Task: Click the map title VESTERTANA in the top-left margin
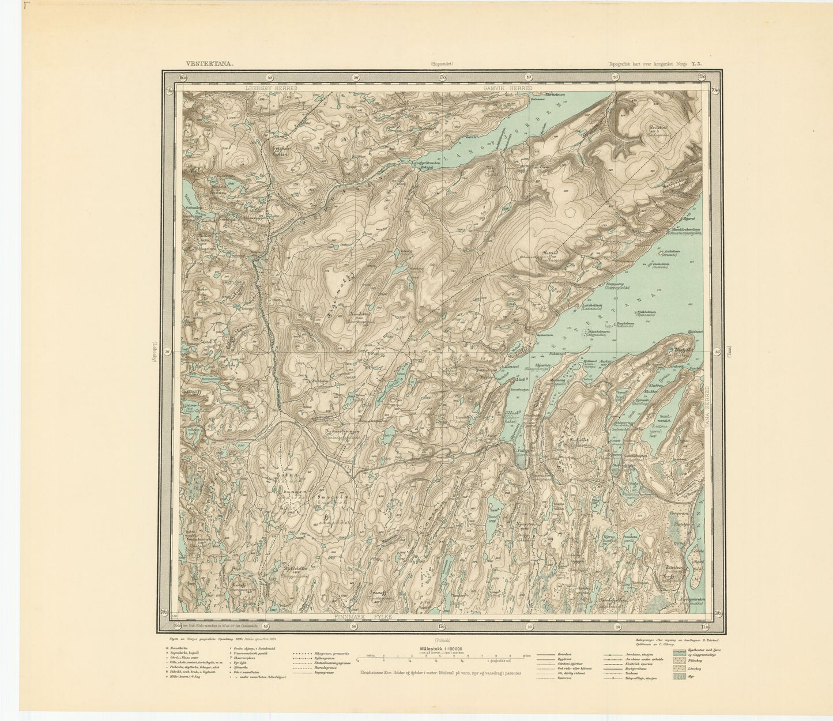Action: (x=209, y=65)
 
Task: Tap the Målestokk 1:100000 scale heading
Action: (x=442, y=648)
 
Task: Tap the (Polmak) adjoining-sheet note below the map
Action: (x=443, y=640)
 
